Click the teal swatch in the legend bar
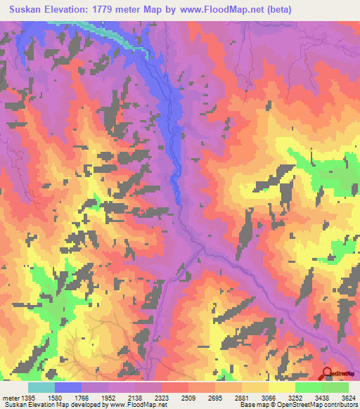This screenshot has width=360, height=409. pos(41,387)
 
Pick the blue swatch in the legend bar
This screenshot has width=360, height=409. pos(67,387)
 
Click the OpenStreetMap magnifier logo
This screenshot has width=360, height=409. pos(328,373)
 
